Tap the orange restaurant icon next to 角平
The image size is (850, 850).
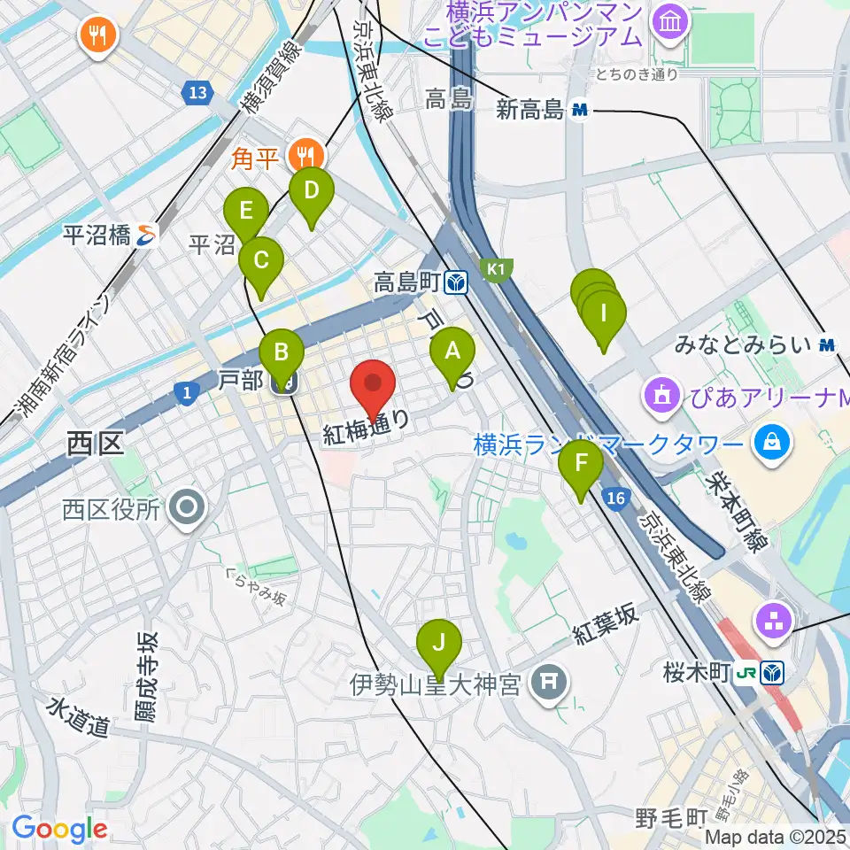[306, 157]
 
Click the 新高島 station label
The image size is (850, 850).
[529, 110]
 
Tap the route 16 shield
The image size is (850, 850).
[617, 499]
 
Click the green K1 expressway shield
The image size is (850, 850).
[497, 267]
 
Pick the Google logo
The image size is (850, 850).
[59, 829]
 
